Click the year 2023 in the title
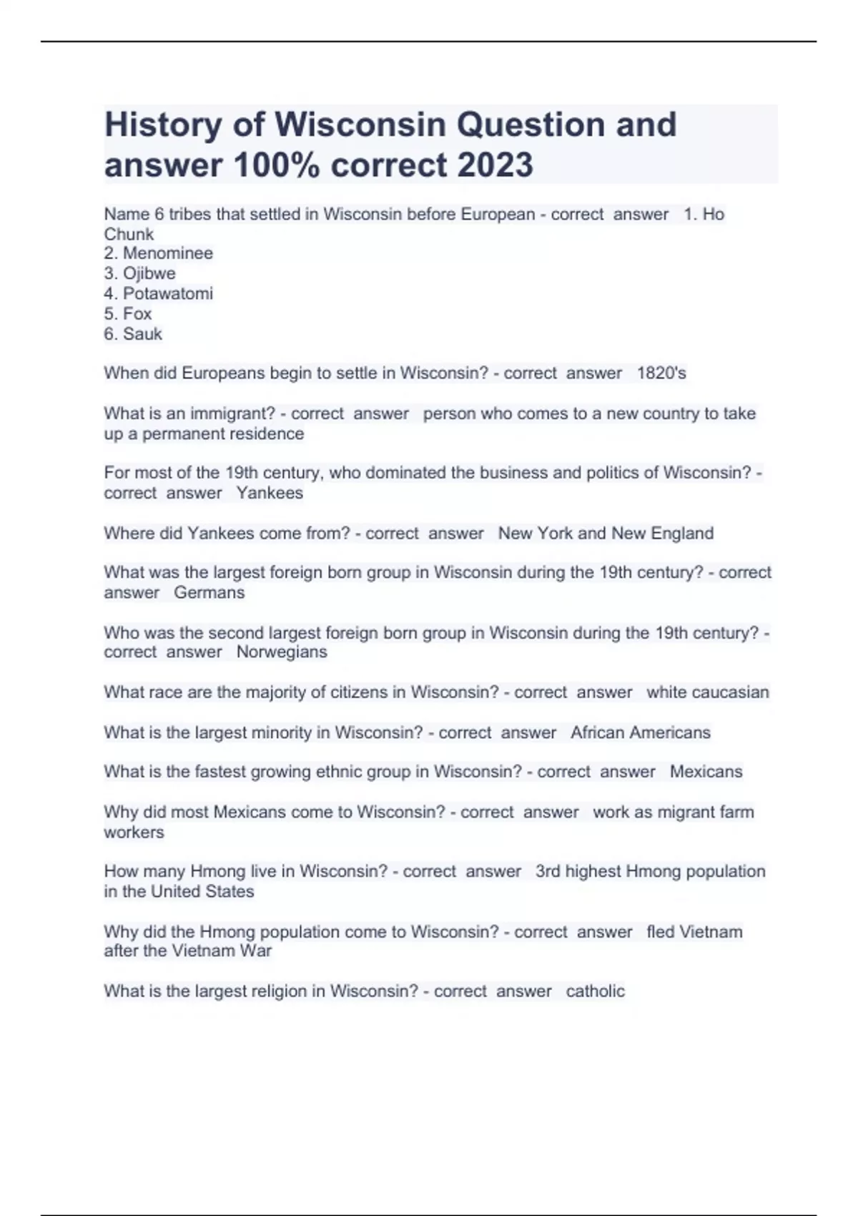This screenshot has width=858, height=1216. (x=495, y=165)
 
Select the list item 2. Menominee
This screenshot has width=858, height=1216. (x=159, y=253)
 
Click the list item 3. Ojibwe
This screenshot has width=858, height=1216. (x=140, y=273)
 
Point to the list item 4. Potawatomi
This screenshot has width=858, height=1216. (x=159, y=293)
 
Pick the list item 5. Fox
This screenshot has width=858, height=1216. (x=128, y=313)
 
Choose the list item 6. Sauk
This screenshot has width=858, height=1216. (x=133, y=333)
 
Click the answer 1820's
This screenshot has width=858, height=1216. (x=661, y=373)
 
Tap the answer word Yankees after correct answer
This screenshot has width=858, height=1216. (x=270, y=493)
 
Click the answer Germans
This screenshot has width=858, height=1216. (x=209, y=592)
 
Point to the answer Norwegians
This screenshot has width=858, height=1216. (x=282, y=652)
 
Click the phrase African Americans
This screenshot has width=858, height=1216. (x=641, y=732)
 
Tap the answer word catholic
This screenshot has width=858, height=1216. (x=596, y=991)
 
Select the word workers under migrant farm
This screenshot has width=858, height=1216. (x=134, y=832)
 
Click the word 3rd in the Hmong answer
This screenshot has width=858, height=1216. (x=548, y=871)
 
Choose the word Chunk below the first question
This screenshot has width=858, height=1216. (x=129, y=234)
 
